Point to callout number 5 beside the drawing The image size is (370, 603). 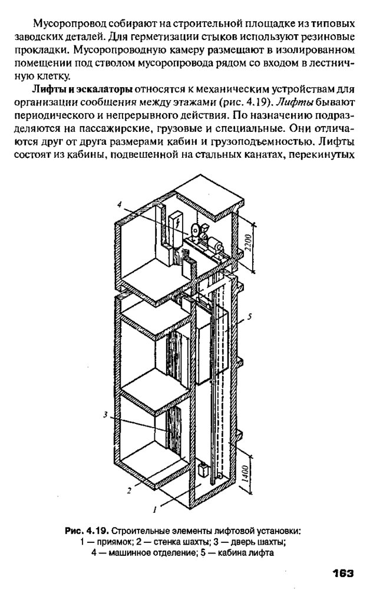point(250,317)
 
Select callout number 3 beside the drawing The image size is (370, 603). point(105,415)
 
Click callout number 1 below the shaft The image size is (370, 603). point(156,506)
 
